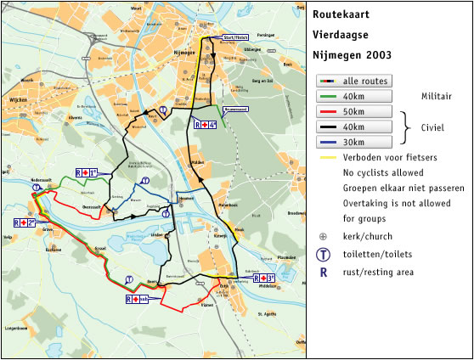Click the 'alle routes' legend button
[x=353, y=82]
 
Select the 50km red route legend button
[x=353, y=111]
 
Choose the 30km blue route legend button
[x=353, y=142]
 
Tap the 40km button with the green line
[x=353, y=96]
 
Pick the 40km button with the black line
[x=353, y=127]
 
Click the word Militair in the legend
[x=434, y=97]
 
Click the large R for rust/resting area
[x=323, y=273]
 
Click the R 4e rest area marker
[x=205, y=125]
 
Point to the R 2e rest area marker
[x=26, y=223]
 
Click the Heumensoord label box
[x=234, y=109]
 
